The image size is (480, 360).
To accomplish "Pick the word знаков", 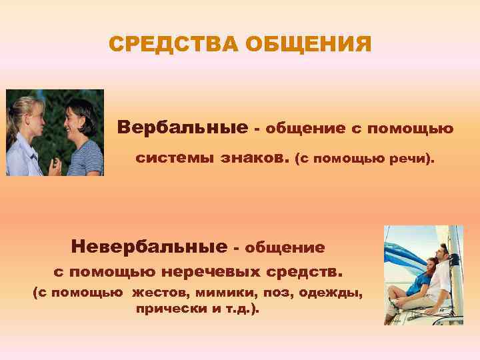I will (255, 159).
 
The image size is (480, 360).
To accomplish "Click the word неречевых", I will (217, 271).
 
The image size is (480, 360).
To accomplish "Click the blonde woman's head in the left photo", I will (31, 113).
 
